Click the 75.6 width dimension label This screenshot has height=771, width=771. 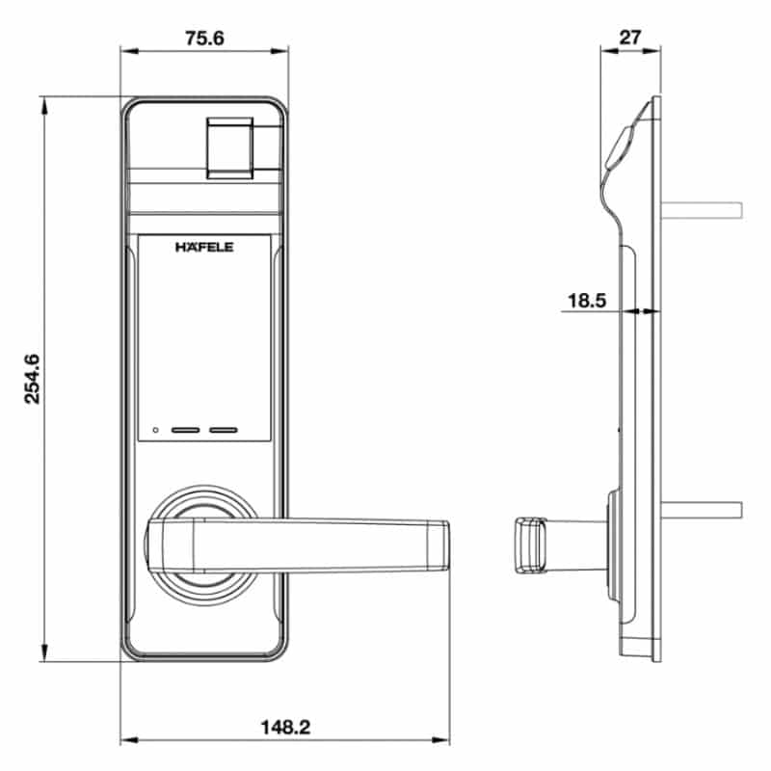pos(204,38)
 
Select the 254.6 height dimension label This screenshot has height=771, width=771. pos(33,379)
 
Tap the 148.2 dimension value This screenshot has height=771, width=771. pos(285,727)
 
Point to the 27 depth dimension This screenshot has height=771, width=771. pos(630,38)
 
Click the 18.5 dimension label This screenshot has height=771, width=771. pos(587,301)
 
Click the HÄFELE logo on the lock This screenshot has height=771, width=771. pos(204,247)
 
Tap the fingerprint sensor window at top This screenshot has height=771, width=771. pos(229,148)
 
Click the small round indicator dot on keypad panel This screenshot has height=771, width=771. pos(155,430)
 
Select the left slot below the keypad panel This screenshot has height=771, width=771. pos(185,430)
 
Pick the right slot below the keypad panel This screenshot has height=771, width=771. pos(224,430)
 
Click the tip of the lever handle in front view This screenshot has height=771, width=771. pos(448,545)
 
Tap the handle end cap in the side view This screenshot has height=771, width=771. pos(531,545)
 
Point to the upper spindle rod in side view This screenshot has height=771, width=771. pos(702,210)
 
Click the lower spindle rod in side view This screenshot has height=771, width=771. pos(702,510)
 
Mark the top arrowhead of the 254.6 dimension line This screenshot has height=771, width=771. pos(44,105)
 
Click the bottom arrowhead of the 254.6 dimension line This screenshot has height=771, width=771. pos(44,653)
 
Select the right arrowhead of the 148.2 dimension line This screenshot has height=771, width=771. pos(440,739)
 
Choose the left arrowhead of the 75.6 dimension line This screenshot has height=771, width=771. pos(129,51)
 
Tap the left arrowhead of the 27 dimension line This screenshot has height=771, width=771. pos(610,50)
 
